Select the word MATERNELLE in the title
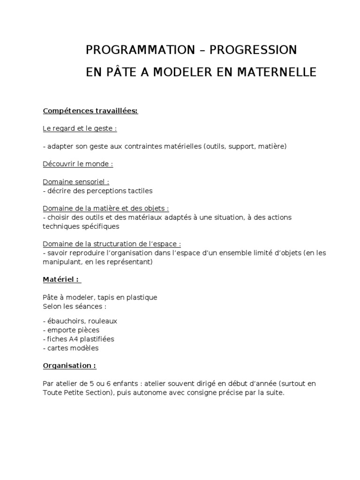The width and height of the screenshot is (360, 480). tap(278, 73)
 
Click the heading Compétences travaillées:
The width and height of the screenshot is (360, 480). tap(90, 111)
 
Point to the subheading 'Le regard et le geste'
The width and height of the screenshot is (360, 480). tap(80, 128)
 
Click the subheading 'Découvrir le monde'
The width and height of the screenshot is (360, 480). tap(78, 164)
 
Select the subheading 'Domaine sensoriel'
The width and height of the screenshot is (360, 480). tap(75, 182)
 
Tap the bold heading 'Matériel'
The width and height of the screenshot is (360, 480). tap(62, 280)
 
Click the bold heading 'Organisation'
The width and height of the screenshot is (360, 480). tap(69, 365)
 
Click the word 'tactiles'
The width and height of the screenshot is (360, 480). tap(139, 191)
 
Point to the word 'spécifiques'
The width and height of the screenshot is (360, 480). tap(101, 226)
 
